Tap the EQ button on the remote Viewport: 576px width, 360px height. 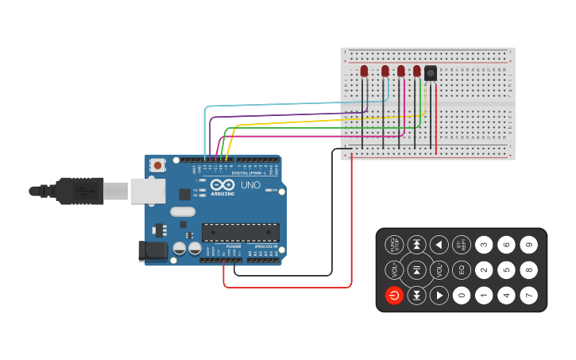tap(462, 270)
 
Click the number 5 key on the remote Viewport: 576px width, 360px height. tap(506, 270)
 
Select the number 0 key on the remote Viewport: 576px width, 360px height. tap(462, 296)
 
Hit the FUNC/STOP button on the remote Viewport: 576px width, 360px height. tap(394, 245)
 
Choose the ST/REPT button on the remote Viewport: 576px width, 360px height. tap(462, 245)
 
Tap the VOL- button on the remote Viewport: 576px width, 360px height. tap(439, 270)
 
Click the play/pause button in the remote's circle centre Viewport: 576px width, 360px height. tap(416, 270)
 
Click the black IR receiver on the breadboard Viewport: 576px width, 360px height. tap(431, 73)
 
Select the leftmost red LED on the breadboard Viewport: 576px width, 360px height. tap(364, 72)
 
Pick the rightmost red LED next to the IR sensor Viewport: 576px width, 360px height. tap(416, 71)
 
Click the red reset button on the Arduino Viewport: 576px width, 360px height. tap(158, 165)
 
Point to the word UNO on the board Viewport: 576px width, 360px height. tap(250, 185)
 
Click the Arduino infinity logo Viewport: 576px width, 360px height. tap(222, 184)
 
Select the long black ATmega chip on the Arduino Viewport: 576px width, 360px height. tap(240, 232)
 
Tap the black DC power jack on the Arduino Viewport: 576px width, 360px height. tap(153, 251)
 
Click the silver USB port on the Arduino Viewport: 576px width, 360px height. tap(148, 191)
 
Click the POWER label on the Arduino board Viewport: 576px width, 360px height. tap(234, 246)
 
